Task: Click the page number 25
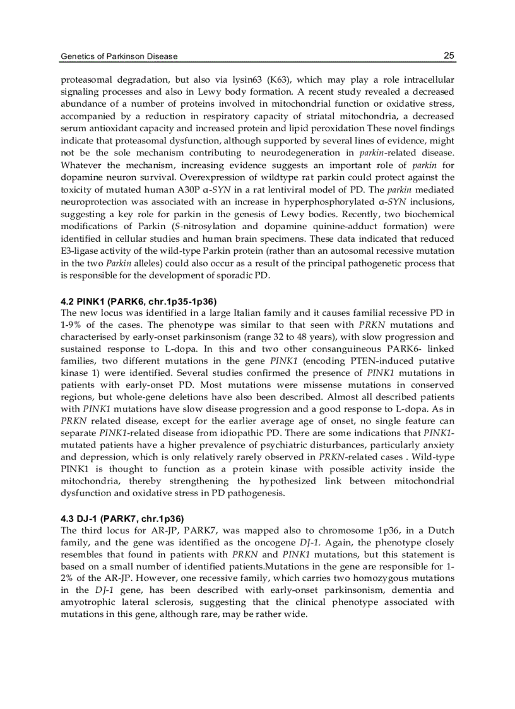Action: (x=449, y=56)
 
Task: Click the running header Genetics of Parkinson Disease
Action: (x=119, y=56)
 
